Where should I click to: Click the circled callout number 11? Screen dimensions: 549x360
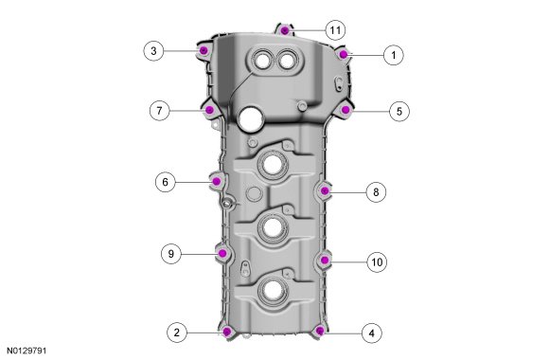coord(335,30)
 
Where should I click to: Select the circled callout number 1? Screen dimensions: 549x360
coord(394,55)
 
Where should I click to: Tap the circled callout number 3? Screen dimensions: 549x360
coord(153,51)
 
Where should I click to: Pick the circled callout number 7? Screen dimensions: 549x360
coord(160,111)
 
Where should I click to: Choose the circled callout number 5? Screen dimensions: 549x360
coord(399,112)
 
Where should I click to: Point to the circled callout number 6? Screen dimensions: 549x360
coord(166,182)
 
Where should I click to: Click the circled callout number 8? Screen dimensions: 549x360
coord(377,192)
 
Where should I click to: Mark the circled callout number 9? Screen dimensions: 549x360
coord(171,254)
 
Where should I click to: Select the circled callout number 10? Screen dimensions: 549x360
coord(377,262)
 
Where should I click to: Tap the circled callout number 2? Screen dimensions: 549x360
coord(177,333)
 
